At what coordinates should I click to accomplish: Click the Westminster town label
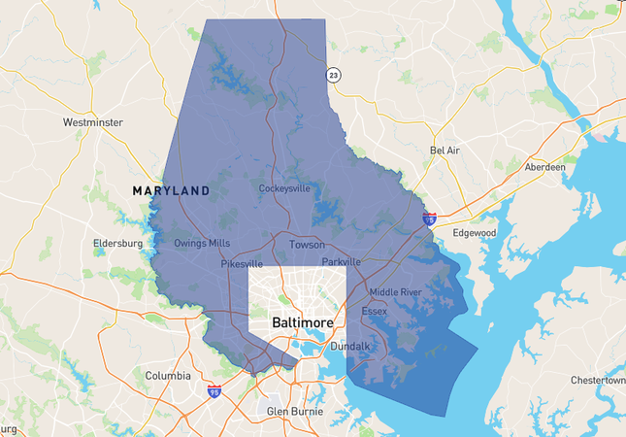94,123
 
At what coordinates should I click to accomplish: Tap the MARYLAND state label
171,191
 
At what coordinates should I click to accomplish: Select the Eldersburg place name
117,243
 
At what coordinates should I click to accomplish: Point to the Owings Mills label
202,243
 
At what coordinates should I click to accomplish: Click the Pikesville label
242,263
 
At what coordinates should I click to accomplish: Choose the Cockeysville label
284,188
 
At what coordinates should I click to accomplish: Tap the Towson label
307,245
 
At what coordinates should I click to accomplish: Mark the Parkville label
341,262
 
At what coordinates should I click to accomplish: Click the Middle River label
395,292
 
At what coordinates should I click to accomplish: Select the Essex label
374,312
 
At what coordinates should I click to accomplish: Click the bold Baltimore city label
302,322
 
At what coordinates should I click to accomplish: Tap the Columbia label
168,376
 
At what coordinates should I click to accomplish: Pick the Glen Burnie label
294,412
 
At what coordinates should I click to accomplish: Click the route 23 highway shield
333,75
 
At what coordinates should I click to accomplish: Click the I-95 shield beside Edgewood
429,220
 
